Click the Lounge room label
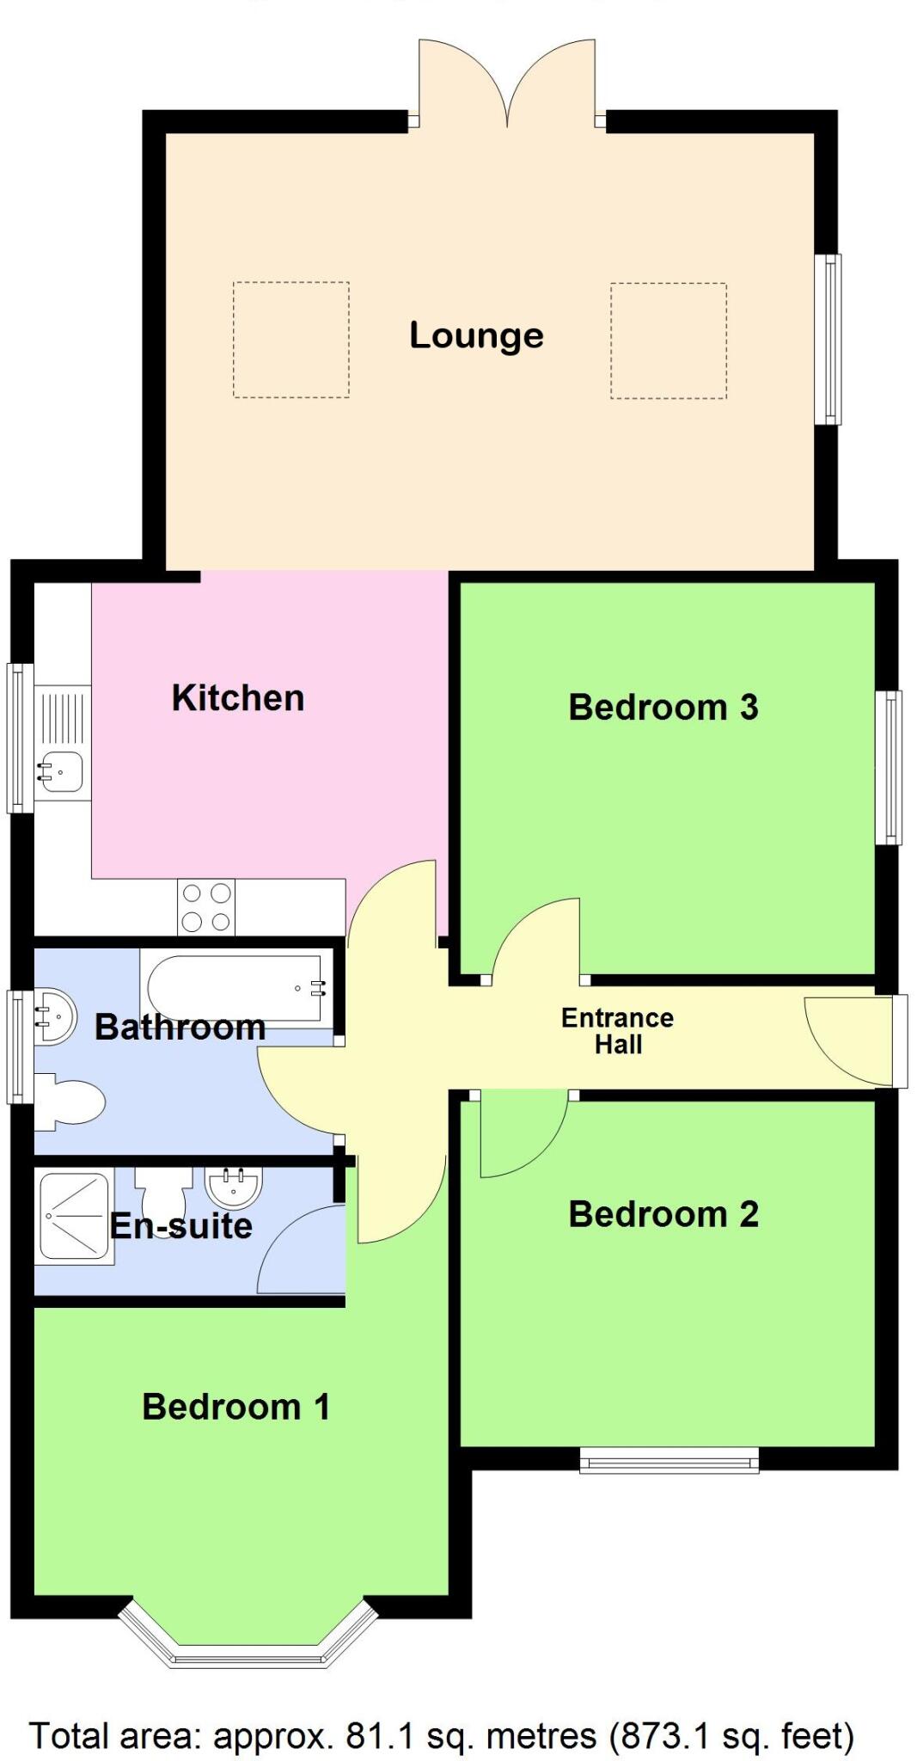pyautogui.click(x=476, y=335)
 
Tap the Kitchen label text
pyautogui.click(x=238, y=697)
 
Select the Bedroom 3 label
pyautogui.click(x=663, y=707)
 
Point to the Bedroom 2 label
pyautogui.click(x=663, y=1214)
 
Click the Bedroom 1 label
pyautogui.click(x=235, y=1407)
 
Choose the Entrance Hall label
pyautogui.click(x=617, y=1031)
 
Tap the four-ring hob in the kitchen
pyautogui.click(x=206, y=907)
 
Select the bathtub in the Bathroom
pyautogui.click(x=237, y=988)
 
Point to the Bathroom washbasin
pyautogui.click(x=53, y=1015)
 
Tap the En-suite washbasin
pyautogui.click(x=234, y=1187)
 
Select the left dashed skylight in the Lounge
pyautogui.click(x=290, y=340)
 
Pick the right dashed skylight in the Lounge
pyautogui.click(x=669, y=341)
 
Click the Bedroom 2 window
pyautogui.click(x=669, y=1459)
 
